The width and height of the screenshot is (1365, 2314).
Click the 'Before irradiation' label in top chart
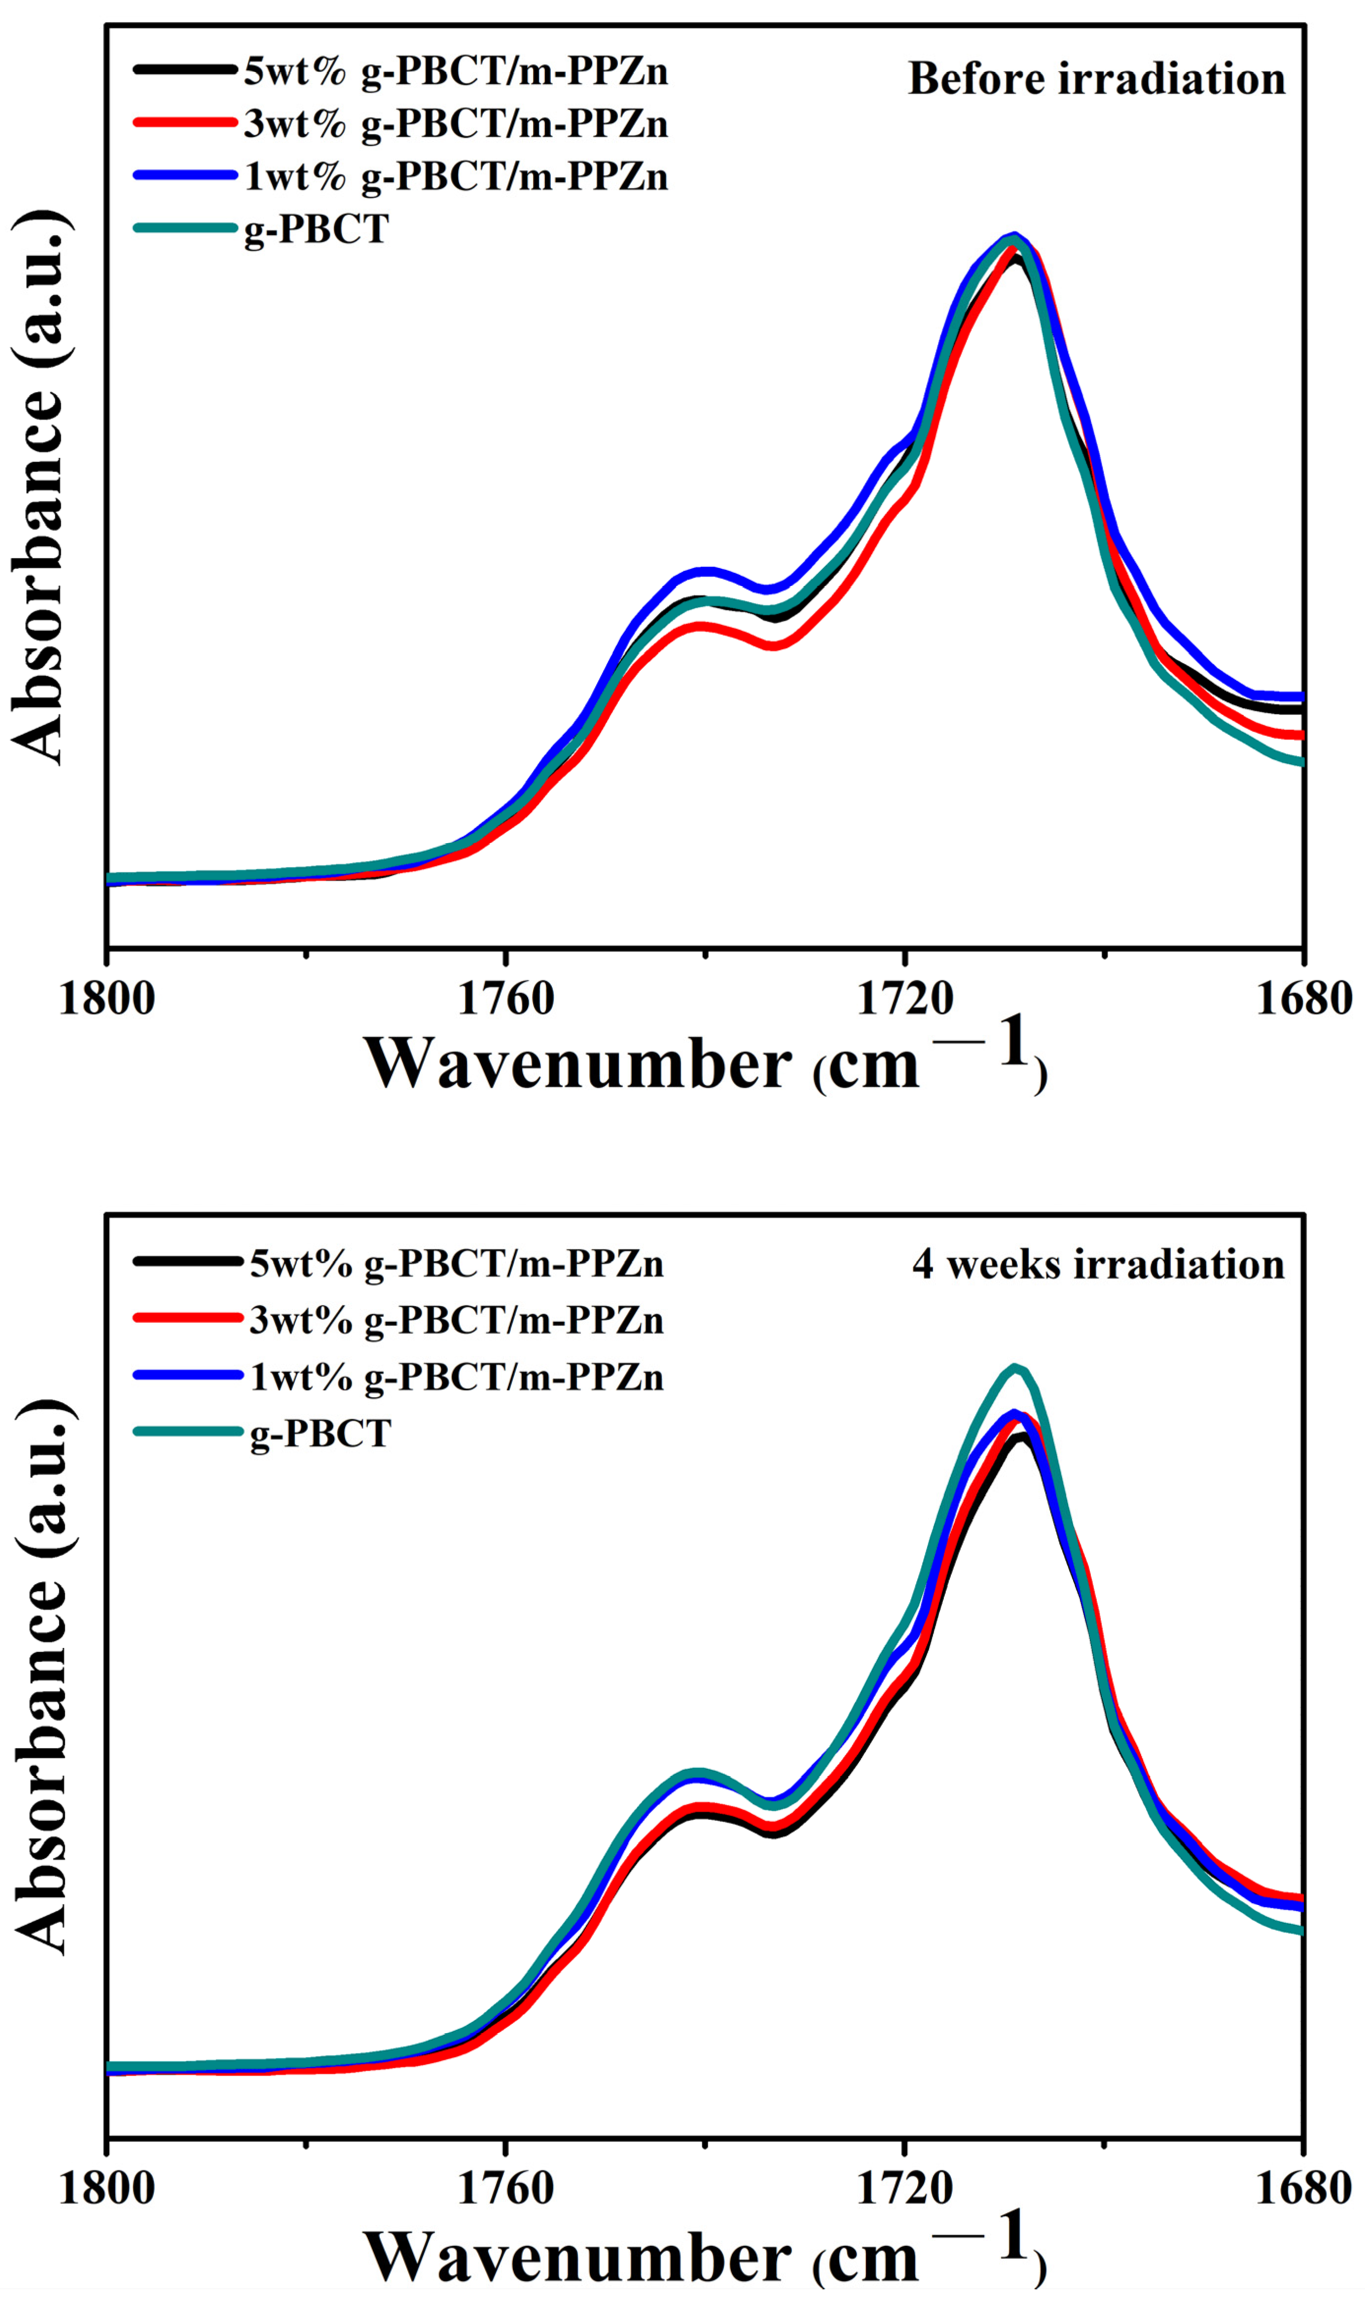[1096, 79]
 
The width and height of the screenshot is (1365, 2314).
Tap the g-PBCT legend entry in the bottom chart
[320, 1433]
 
